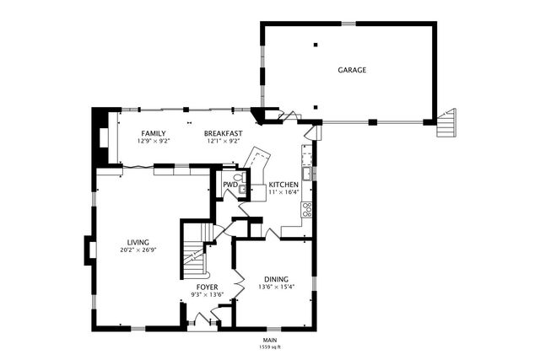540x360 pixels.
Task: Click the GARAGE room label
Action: pos(352,70)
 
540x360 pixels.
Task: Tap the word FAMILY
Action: pos(153,133)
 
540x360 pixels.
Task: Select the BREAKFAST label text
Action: pos(224,133)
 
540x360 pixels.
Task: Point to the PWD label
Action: pos(229,185)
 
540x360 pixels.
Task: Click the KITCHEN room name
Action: pos(283,185)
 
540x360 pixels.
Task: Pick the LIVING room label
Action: pos(138,242)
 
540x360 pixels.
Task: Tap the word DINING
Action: pos(276,279)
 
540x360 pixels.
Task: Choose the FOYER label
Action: pos(208,287)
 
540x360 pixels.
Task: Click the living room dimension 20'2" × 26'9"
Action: pos(138,250)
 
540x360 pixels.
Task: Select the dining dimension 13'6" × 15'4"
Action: pos(276,287)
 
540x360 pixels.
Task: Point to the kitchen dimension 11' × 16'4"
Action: pos(283,192)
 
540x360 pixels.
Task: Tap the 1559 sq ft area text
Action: pos(269,347)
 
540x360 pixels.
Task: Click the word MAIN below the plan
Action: pos(269,340)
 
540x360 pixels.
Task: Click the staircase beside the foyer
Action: pos(195,253)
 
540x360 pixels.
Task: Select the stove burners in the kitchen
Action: pos(307,208)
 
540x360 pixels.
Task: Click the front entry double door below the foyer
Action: pos(201,320)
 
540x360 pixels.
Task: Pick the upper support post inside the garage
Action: pos(315,43)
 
